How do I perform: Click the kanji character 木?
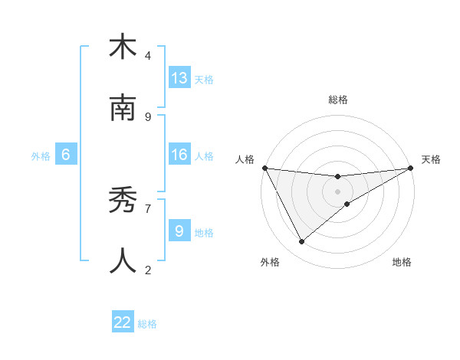(123, 48)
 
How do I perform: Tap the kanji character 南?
(123, 108)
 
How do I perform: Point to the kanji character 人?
(123, 261)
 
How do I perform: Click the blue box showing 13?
(179, 77)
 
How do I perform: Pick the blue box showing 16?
(179, 155)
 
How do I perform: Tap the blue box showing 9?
(179, 231)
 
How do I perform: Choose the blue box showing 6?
(66, 155)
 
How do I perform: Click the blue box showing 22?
(123, 322)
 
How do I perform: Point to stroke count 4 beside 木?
(148, 56)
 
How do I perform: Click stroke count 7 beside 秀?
(148, 208)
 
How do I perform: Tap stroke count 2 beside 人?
(148, 270)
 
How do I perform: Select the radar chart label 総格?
(338, 100)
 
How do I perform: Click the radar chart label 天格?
(431, 159)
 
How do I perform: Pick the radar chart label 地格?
(402, 263)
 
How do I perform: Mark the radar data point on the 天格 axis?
(412, 168)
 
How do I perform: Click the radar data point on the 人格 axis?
(264, 168)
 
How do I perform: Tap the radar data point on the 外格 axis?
(301, 241)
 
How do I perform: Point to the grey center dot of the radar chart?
(338, 191)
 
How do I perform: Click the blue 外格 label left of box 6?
(41, 155)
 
